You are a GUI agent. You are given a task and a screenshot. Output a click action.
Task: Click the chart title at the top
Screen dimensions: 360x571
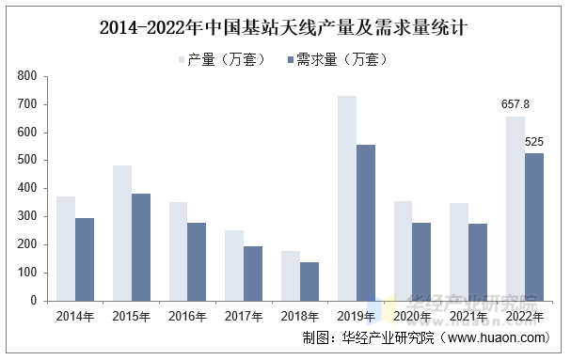click(x=284, y=27)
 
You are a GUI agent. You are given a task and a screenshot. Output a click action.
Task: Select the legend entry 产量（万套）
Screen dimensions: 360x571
click(x=214, y=59)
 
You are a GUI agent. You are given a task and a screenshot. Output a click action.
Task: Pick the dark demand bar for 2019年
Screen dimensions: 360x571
click(x=366, y=222)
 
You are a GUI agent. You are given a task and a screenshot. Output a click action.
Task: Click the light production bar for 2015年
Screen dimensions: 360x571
click(x=122, y=232)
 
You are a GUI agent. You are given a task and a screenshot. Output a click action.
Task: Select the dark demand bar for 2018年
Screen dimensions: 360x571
click(x=309, y=281)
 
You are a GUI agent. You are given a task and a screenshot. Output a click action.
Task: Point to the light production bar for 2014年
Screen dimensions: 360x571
click(x=66, y=248)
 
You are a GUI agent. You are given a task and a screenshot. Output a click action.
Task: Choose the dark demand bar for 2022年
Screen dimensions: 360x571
click(x=534, y=227)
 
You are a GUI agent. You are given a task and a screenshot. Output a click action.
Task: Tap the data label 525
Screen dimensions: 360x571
click(x=534, y=142)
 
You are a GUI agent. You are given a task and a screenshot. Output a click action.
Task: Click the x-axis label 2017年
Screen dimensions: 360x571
click(x=244, y=316)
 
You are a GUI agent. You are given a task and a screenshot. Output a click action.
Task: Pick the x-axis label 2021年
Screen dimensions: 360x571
click(x=468, y=316)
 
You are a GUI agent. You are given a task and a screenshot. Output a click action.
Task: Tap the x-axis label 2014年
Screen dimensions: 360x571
click(x=75, y=316)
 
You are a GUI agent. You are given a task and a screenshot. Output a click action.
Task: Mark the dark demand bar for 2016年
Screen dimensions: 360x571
click(x=197, y=261)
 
